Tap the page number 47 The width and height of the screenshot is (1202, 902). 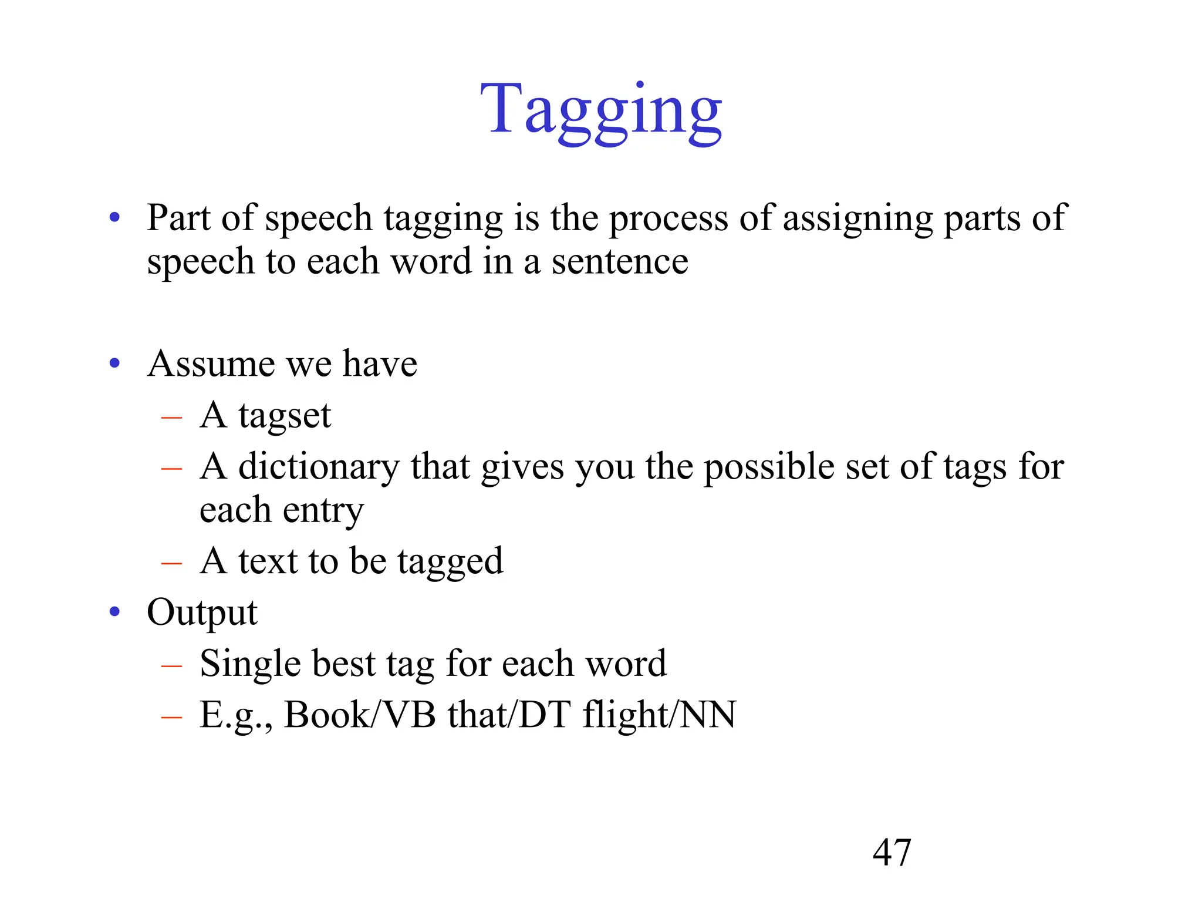coord(892,852)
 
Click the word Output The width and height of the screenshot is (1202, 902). coord(202,612)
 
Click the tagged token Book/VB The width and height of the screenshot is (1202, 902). coord(360,715)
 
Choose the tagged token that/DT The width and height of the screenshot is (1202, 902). coord(509,715)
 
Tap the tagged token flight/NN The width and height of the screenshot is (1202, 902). coord(659,715)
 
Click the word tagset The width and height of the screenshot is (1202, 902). coord(285,416)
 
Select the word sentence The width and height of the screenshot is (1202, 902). coord(620,261)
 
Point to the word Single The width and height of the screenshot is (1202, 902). coord(250,664)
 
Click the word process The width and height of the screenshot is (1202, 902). coord(668,219)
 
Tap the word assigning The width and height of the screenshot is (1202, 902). coord(857,219)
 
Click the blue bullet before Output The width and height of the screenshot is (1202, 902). coord(115,612)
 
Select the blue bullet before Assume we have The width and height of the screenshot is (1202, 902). coord(115,364)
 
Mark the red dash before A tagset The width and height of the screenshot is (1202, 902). coord(171,418)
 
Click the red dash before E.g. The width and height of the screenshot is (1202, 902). coord(171,717)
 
